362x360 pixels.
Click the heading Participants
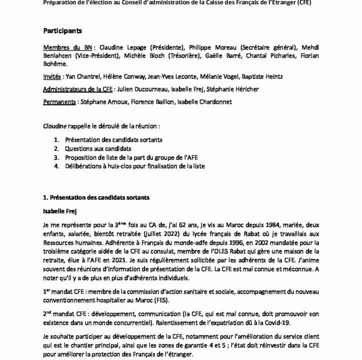coord(62,30)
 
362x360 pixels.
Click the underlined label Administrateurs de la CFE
coord(81,89)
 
